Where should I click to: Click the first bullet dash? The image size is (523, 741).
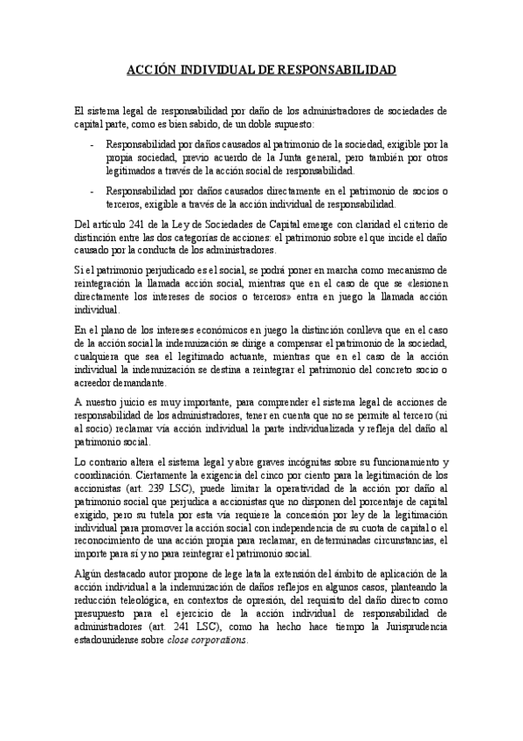point(93,143)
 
